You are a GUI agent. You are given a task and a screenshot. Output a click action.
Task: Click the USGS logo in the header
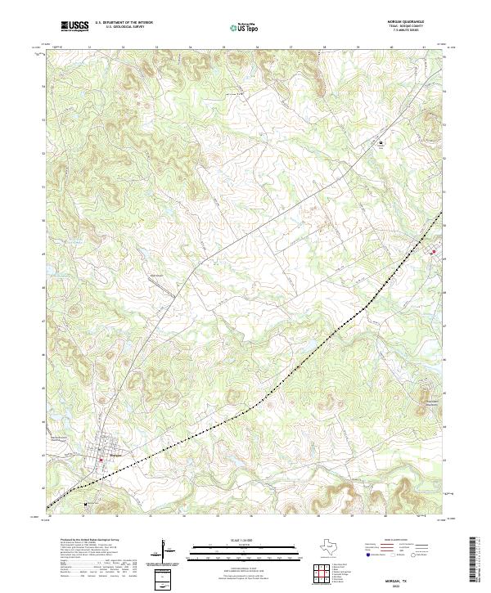tap(74, 26)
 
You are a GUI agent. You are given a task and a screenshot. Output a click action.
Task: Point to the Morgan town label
tap(115, 456)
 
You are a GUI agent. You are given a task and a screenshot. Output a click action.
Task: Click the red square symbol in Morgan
tap(101, 460)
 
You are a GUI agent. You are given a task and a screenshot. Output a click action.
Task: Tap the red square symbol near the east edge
tap(433, 252)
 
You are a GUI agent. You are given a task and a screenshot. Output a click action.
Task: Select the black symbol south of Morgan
tap(85, 504)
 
